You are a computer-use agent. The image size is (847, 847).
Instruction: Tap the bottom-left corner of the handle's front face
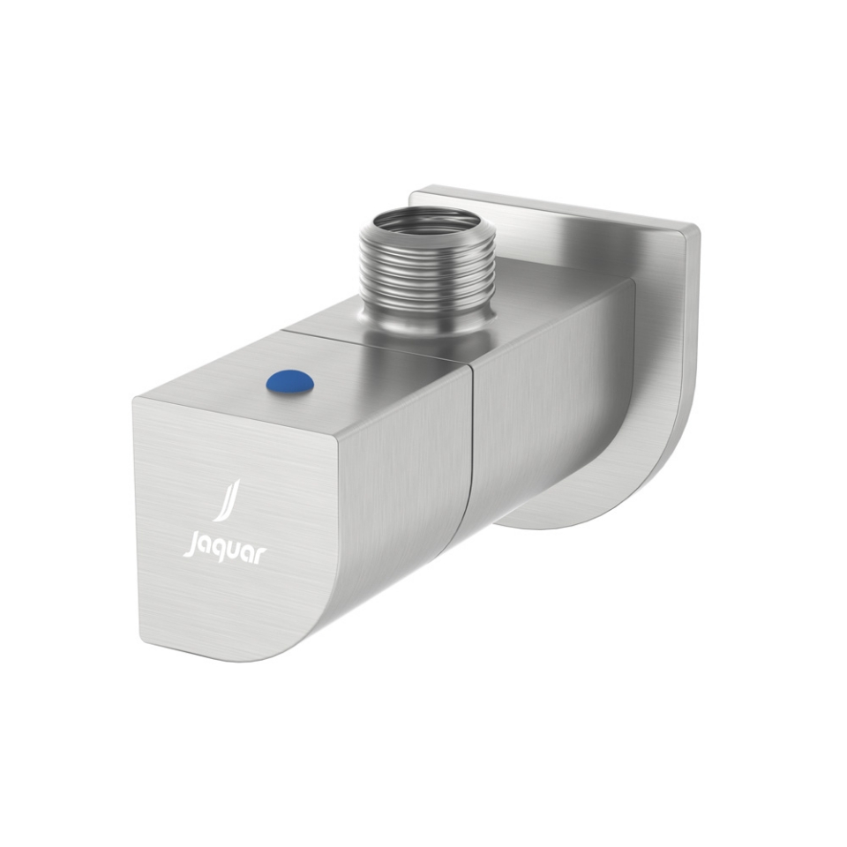pyautogui.click(x=141, y=641)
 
